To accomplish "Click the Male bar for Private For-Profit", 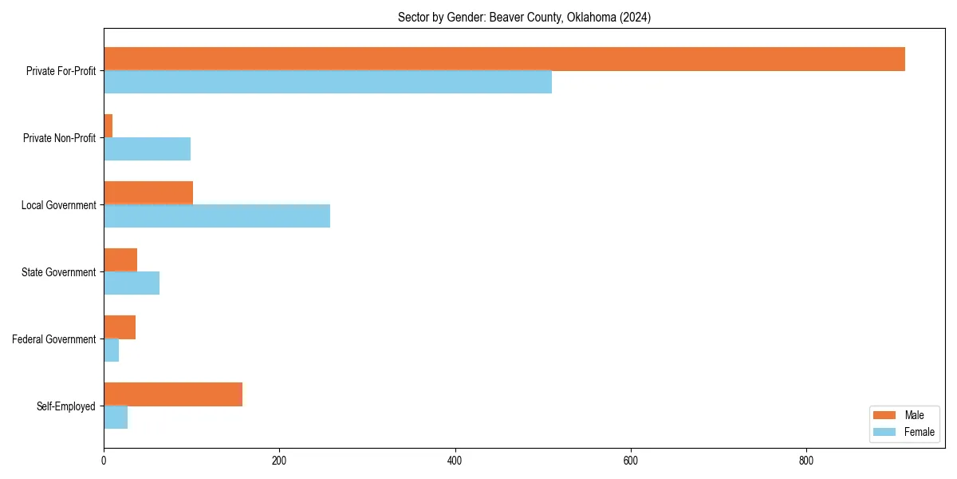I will [504, 59].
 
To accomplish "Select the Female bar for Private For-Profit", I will [328, 82].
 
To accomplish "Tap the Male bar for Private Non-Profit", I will [108, 126].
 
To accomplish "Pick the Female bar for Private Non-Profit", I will [148, 149].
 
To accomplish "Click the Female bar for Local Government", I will [217, 216].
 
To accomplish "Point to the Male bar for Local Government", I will [148, 193].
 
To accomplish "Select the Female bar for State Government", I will [132, 283].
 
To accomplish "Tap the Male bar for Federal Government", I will [120, 327].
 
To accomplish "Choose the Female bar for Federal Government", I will [112, 350].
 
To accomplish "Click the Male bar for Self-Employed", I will [173, 394].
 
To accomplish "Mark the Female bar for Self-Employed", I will [116, 418].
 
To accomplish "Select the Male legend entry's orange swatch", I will [884, 415].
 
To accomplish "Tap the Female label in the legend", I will [919, 432].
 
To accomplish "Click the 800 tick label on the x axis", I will [806, 461].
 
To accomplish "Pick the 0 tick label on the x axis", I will [104, 461].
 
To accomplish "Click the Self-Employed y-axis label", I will [65, 406].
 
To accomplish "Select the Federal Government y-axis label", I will [54, 339].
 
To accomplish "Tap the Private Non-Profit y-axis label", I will [59, 138].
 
